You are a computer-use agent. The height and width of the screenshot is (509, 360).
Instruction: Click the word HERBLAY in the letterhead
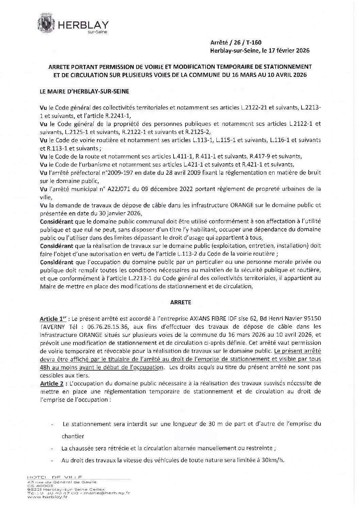[83, 25]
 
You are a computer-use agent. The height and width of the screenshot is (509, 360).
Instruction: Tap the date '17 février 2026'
[291, 51]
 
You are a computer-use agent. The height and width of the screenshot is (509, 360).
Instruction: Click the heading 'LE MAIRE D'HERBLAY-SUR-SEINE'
[84, 91]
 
